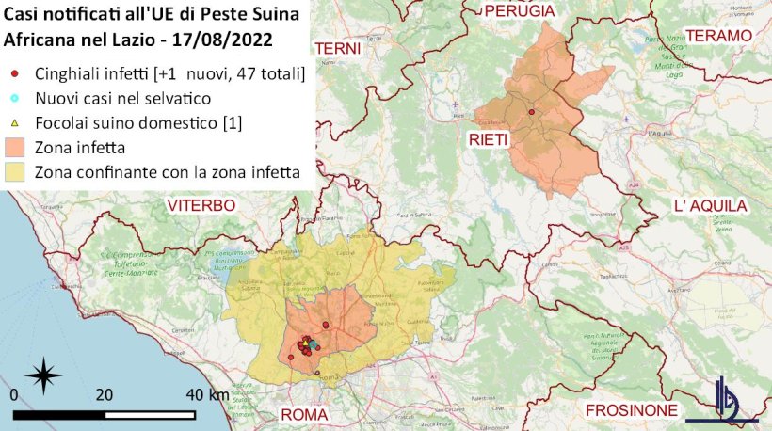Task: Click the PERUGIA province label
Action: (x=519, y=10)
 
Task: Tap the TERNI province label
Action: (x=338, y=48)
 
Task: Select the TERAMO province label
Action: (x=720, y=35)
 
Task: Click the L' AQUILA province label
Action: (x=710, y=206)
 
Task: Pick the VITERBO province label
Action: (x=201, y=205)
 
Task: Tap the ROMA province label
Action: (x=303, y=414)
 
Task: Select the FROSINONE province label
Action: (x=631, y=411)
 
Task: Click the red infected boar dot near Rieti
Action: (x=532, y=112)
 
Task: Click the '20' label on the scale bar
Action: (x=104, y=394)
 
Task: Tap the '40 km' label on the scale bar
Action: (x=206, y=394)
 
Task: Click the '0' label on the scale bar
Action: (x=13, y=394)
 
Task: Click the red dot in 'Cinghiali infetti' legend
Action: (x=14, y=73)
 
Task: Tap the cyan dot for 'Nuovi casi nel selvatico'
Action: (x=14, y=98)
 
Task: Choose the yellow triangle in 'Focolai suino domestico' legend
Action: (x=14, y=122)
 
